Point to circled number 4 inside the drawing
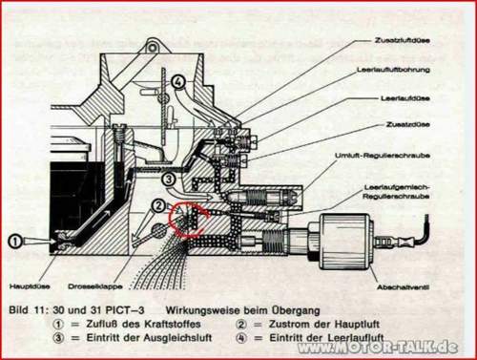(177, 82)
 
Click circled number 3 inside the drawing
(168, 179)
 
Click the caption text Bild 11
(28, 311)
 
